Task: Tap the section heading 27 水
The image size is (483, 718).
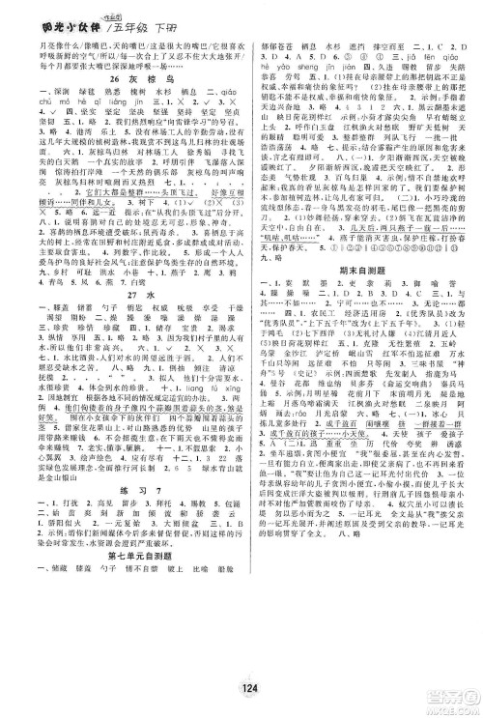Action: (x=124, y=324)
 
